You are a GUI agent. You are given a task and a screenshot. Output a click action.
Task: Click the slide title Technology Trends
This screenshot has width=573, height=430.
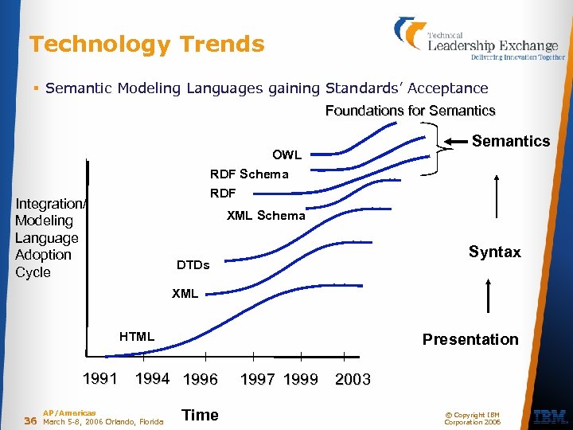[x=146, y=45]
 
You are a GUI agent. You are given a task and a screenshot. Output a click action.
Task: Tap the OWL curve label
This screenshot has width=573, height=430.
[x=286, y=154]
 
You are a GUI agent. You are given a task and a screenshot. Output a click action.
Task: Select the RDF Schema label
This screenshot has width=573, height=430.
[x=249, y=174]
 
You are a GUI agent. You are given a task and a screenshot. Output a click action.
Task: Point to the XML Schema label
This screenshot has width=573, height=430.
[x=266, y=215]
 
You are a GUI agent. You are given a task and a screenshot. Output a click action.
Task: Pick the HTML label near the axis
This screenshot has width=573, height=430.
[x=137, y=337]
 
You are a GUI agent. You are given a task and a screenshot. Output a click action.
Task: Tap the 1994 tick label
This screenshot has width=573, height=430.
[x=152, y=378]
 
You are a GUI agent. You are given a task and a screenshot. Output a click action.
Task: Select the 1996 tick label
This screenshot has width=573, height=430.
[x=201, y=379]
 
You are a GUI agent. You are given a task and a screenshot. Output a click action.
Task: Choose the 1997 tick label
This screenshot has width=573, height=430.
[x=259, y=379]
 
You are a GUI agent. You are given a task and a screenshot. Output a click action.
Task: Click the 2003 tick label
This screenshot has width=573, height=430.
[x=353, y=379]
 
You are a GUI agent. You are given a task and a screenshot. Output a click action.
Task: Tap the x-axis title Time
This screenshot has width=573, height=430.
[x=200, y=414]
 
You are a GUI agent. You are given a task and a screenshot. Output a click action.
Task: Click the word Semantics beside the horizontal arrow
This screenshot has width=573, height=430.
[x=510, y=141]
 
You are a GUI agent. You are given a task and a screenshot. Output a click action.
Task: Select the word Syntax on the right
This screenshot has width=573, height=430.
[x=494, y=252]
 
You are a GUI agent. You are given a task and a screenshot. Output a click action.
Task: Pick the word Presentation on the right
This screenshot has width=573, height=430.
[x=470, y=339]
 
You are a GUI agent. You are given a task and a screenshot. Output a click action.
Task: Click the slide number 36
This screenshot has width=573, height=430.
[x=30, y=420]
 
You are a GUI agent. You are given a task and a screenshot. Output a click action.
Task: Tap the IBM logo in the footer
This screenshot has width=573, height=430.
[x=550, y=416]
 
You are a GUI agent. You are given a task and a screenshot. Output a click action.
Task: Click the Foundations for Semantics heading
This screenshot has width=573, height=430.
[x=410, y=111]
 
